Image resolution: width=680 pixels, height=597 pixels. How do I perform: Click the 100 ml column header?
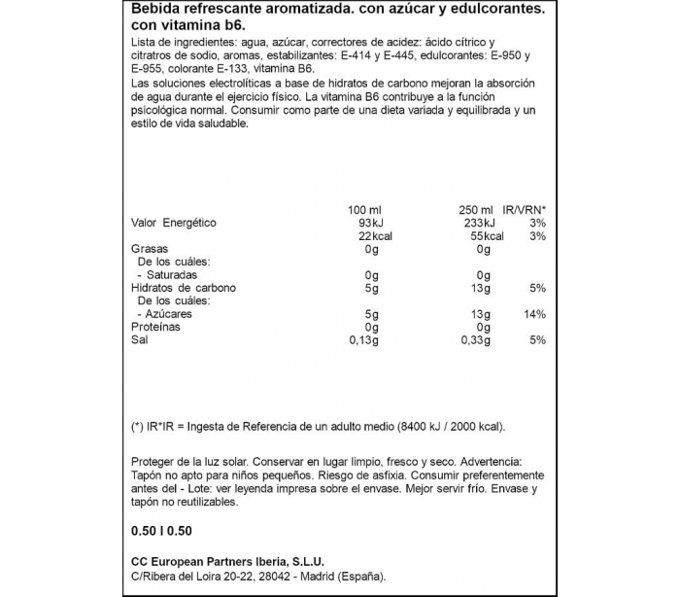(x=362, y=210)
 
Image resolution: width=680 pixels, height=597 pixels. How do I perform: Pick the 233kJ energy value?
(x=474, y=224)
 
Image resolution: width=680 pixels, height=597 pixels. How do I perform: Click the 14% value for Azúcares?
(x=535, y=315)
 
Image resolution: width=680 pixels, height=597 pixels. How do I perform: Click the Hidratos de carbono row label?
(x=184, y=289)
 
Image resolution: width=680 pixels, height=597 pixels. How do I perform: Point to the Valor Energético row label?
(x=174, y=224)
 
